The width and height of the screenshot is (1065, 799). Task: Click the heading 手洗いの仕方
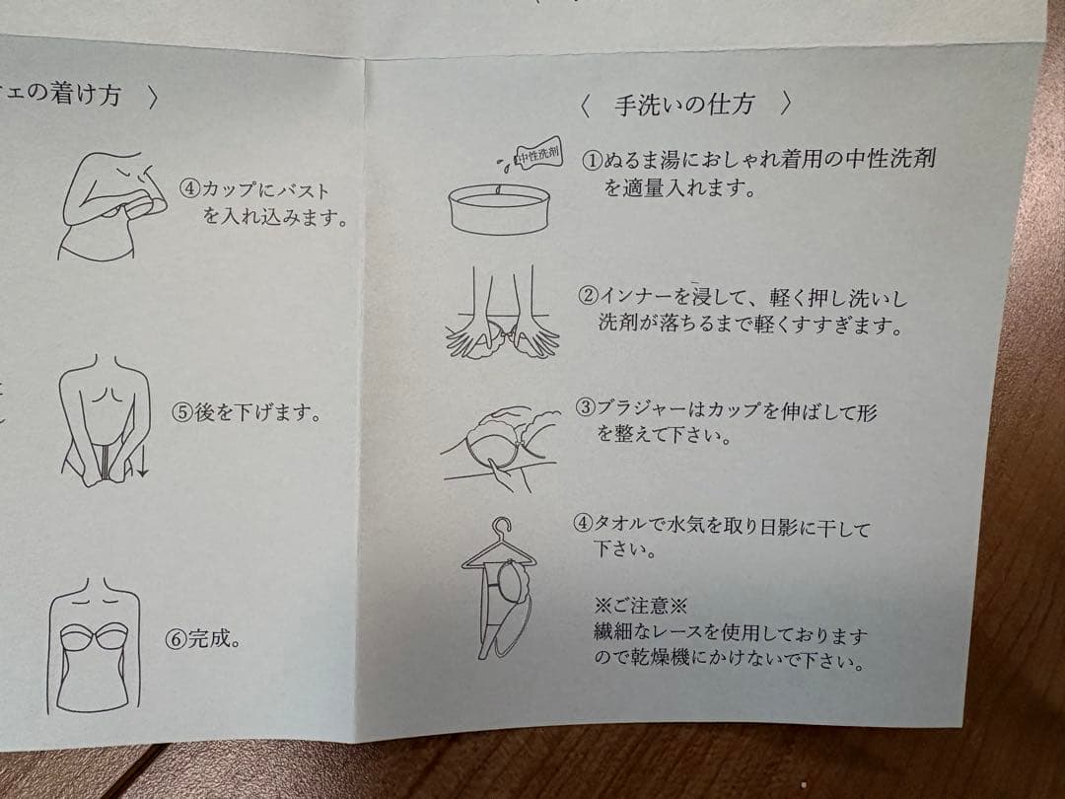tap(686, 105)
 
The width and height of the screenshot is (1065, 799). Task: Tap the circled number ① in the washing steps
tap(592, 159)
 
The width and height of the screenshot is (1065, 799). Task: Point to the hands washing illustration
tap(499, 316)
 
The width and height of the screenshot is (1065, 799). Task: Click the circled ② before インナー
tap(589, 295)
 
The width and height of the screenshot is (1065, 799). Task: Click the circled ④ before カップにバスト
tap(189, 189)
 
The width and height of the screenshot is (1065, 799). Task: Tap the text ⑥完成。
tap(204, 638)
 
